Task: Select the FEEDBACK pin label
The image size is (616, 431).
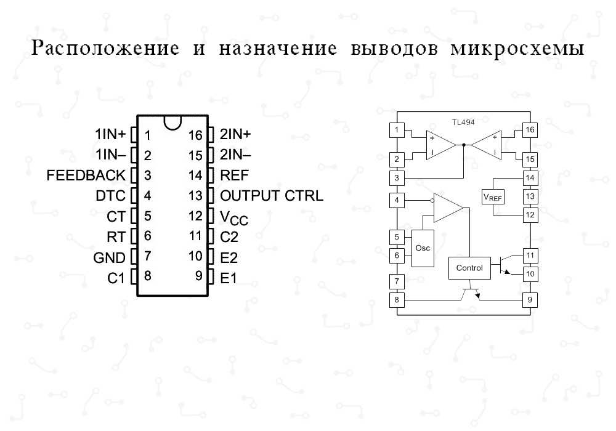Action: tap(86, 176)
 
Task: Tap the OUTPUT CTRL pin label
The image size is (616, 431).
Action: tap(272, 196)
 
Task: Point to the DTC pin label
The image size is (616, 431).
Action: tap(111, 196)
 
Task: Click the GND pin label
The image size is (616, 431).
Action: tap(109, 257)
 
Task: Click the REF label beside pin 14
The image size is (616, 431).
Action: tap(234, 176)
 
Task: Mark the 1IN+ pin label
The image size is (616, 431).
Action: tap(110, 135)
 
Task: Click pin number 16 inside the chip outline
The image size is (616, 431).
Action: tap(195, 135)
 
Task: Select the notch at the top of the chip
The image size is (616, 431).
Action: tap(173, 122)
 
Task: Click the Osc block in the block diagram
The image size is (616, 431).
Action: tap(423, 248)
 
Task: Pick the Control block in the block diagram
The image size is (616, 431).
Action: tap(469, 268)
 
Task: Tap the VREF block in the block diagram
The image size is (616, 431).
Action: tap(493, 197)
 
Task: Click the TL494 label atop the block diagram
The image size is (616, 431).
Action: tap(463, 122)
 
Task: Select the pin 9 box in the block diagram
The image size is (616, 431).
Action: tap(529, 300)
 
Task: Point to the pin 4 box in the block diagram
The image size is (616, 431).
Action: tap(397, 200)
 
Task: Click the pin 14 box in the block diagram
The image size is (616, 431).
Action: tap(529, 177)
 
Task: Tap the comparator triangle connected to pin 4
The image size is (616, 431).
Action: tap(447, 207)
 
